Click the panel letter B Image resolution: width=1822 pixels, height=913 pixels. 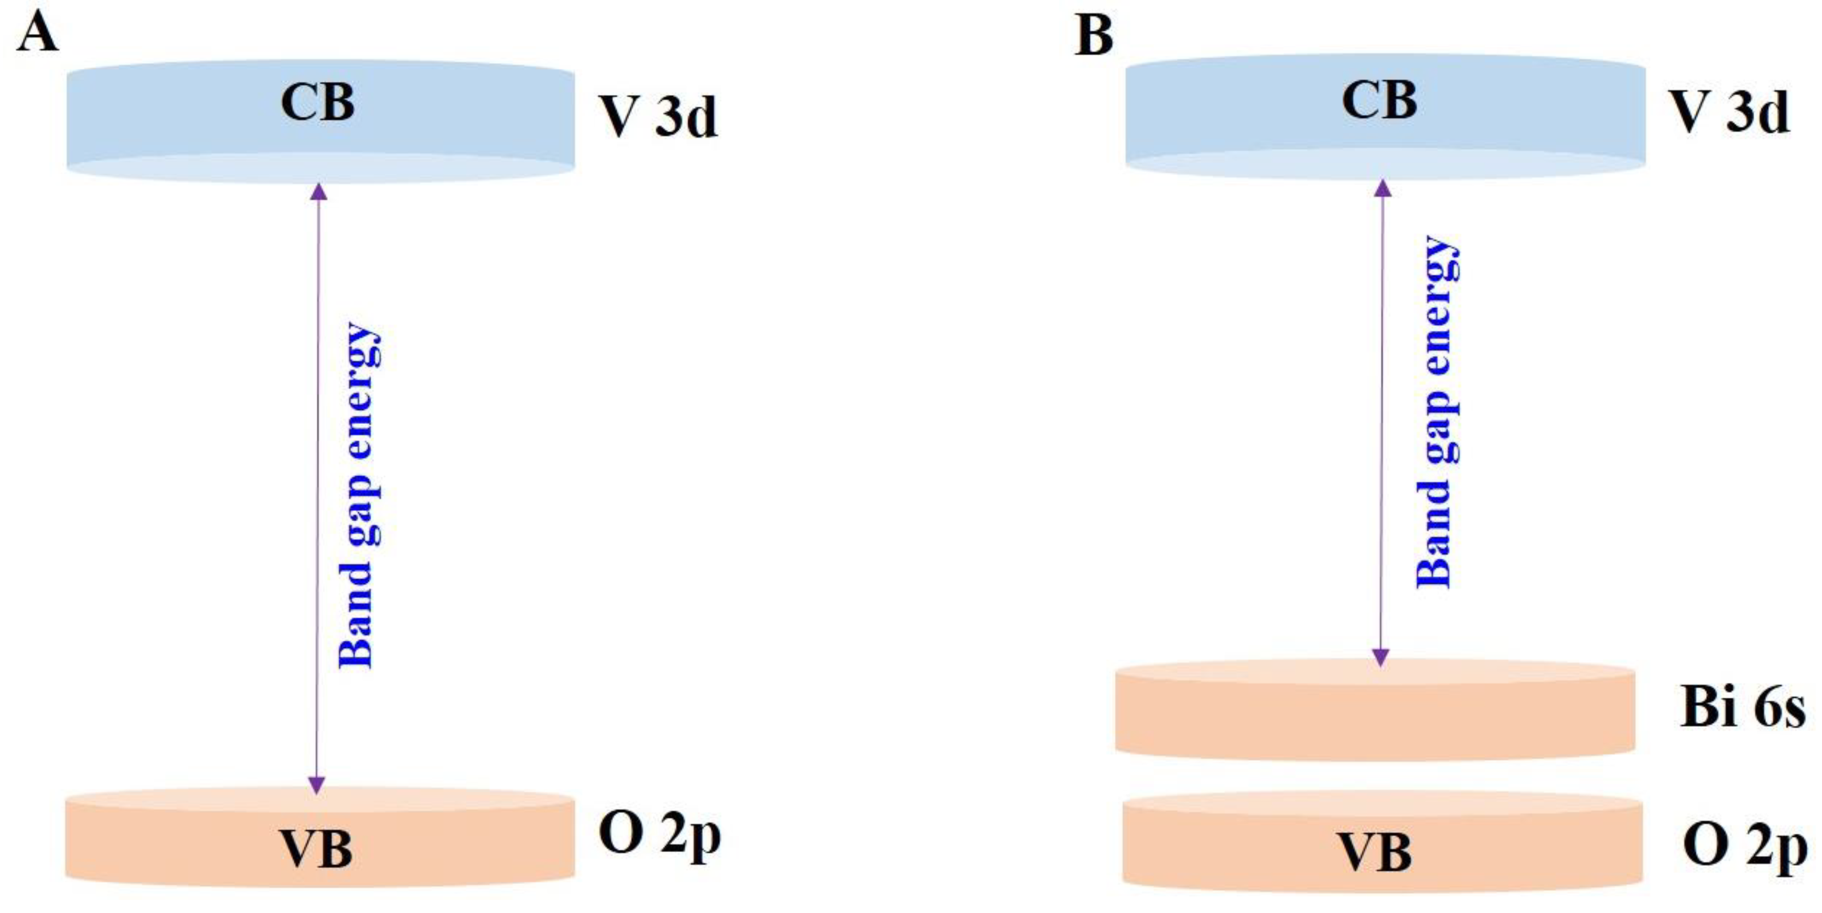(x=1093, y=35)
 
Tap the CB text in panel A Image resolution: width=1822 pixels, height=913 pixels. (x=318, y=103)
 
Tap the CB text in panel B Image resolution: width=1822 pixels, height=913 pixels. (x=1378, y=100)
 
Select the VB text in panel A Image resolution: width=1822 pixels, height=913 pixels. (x=316, y=849)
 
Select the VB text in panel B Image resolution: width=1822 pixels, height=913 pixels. (x=1376, y=852)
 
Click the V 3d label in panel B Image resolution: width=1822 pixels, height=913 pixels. (x=1729, y=113)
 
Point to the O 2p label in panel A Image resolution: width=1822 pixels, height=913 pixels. (x=659, y=835)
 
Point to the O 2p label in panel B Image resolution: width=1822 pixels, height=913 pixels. (x=1744, y=846)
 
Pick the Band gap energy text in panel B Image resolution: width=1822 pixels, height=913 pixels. (x=1436, y=412)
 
